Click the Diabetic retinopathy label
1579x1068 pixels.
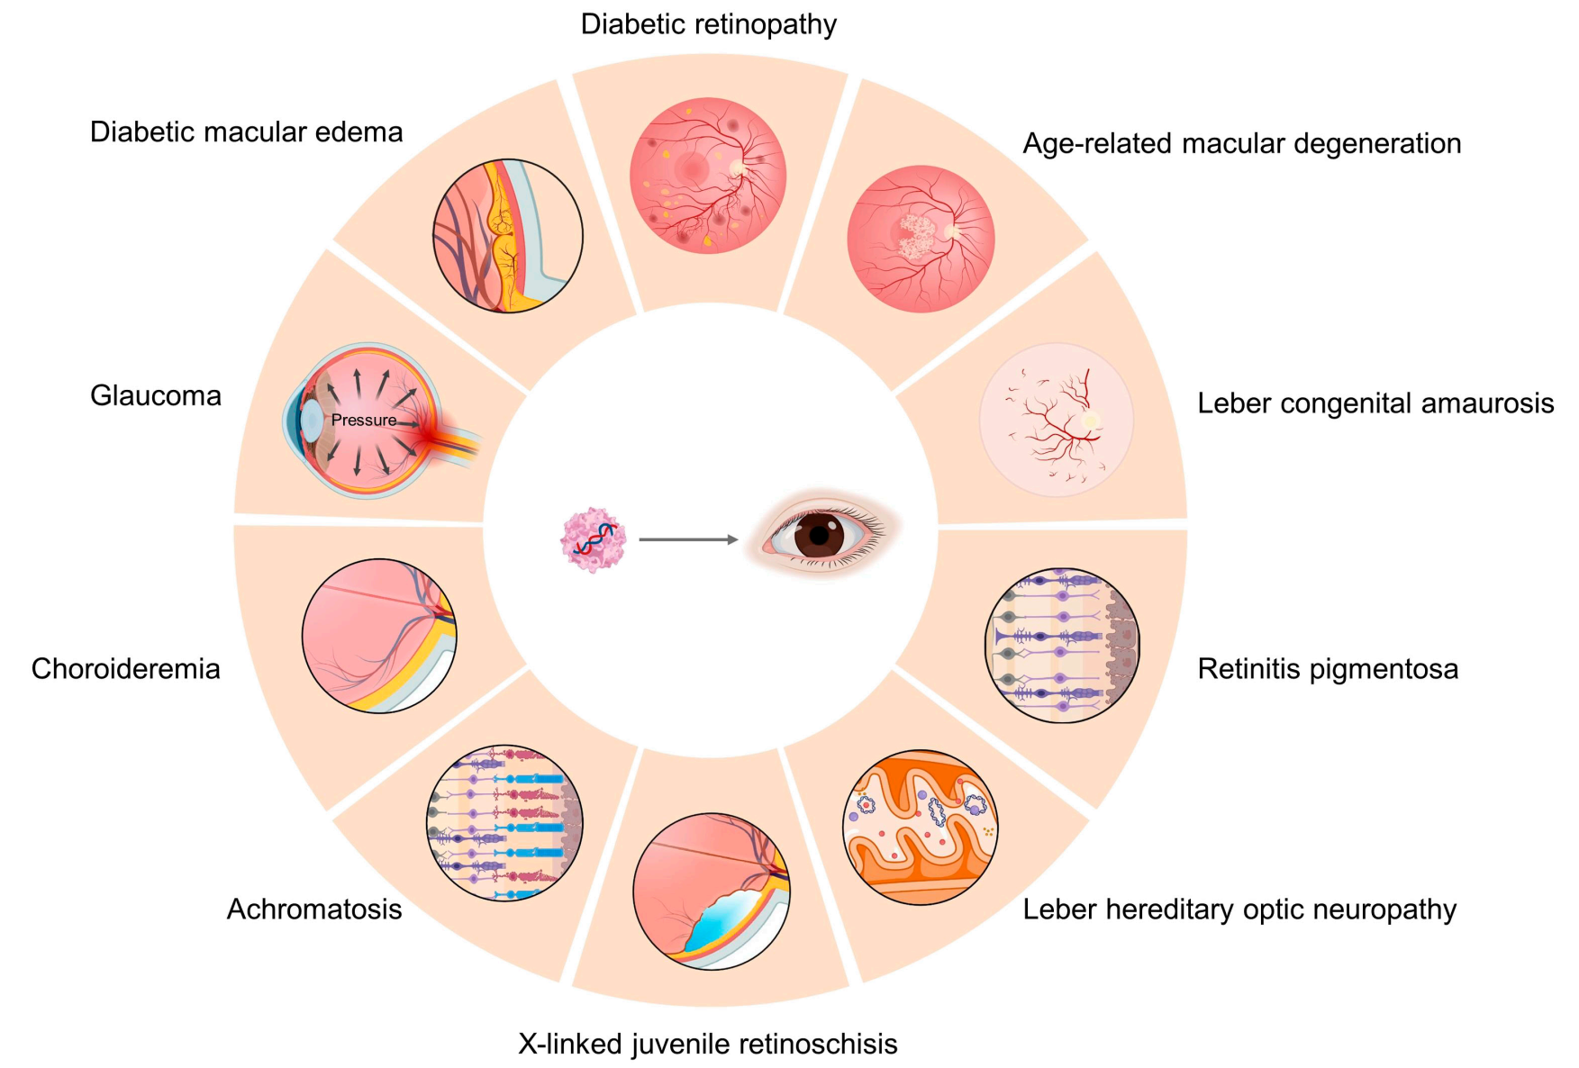click(709, 24)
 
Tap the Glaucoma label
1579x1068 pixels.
click(156, 395)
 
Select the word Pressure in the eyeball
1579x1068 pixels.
click(363, 420)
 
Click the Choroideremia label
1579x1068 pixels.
click(126, 668)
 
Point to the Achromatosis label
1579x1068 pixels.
click(314, 909)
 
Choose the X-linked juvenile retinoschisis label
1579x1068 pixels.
click(708, 1043)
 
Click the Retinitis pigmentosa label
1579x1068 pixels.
click(1328, 668)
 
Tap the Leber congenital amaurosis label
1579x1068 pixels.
click(1375, 403)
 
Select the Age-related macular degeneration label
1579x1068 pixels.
click(1241, 143)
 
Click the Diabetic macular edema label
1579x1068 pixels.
click(246, 131)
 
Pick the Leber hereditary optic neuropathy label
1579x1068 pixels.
click(1239, 909)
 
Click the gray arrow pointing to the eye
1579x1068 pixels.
click(688, 539)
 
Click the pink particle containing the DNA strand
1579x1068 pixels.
click(593, 540)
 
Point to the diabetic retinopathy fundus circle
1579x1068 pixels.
click(708, 176)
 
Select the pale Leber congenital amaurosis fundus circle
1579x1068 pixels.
click(1057, 420)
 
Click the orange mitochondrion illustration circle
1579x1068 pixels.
click(921, 828)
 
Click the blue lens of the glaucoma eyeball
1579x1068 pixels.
click(310, 420)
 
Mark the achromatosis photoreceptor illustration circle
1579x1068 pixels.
click(504, 823)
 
